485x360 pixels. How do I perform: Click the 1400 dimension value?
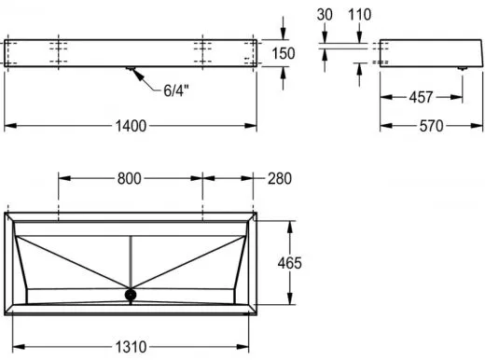click(x=131, y=126)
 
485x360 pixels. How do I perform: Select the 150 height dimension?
click(x=284, y=53)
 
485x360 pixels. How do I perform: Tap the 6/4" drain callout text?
click(x=176, y=90)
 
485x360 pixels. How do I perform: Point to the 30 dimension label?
click(x=325, y=15)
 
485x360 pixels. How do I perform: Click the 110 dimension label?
click(x=359, y=15)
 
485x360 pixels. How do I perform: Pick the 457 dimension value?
click(x=421, y=97)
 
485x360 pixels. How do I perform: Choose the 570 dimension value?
click(x=431, y=126)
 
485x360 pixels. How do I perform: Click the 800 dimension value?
click(x=130, y=179)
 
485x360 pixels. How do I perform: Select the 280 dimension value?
click(x=280, y=179)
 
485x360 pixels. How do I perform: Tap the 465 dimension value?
click(x=289, y=263)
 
